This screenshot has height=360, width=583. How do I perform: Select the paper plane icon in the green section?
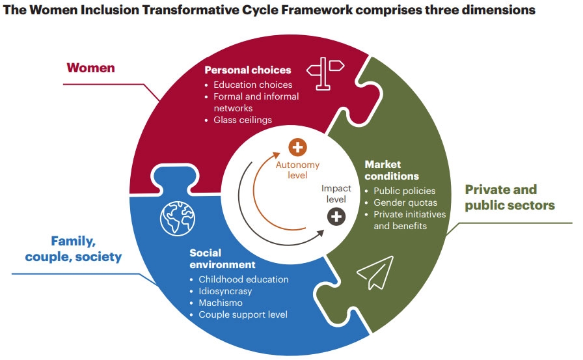coord(375,272)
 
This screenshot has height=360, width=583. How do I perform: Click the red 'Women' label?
coord(91,68)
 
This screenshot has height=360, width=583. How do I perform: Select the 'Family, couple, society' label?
coord(74,249)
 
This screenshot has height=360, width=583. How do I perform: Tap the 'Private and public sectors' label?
coord(509,197)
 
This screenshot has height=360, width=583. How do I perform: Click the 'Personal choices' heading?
coord(247,70)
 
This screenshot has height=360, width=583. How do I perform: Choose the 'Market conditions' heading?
coord(392,170)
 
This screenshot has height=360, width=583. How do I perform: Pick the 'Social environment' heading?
coord(223,258)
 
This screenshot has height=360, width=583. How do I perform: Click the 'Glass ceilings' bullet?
coord(243,120)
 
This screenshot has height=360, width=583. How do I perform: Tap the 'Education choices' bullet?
coord(253,85)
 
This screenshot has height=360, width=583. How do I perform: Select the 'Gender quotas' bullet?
coord(405,202)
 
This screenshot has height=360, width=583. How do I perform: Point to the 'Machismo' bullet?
coord(221,303)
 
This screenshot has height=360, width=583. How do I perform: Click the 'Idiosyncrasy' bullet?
coord(225,291)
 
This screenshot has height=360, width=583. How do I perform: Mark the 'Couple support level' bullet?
coord(243,314)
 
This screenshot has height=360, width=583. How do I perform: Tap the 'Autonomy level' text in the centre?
coord(297,169)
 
